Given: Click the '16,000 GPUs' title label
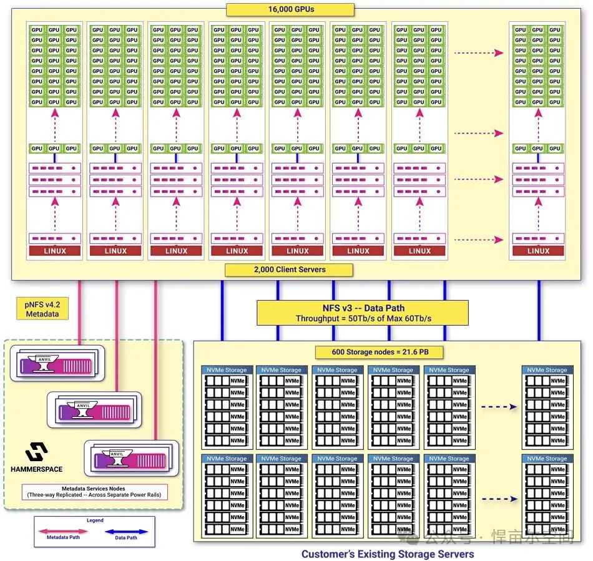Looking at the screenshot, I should tap(290, 9).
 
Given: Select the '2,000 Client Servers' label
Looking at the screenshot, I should tap(289, 270).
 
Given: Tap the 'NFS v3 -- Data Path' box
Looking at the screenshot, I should tap(362, 313).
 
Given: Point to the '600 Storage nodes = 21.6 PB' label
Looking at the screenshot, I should tap(380, 352).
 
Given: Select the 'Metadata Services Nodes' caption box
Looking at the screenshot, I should tap(94, 492).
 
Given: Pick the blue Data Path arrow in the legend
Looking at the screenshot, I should tap(126, 532).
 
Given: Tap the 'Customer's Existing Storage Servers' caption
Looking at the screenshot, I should tap(388, 554).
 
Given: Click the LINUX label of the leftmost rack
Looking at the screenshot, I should tap(55, 251).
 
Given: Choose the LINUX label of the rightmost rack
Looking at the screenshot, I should tap(538, 251).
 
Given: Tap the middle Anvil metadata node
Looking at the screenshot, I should tap(94, 410).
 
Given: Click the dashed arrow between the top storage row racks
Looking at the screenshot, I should tap(499, 406).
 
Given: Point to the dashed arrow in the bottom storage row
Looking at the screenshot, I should tap(499, 499).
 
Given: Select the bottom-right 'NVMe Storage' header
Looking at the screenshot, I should tap(547, 459).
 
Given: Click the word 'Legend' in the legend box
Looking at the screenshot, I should tap(94, 520).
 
